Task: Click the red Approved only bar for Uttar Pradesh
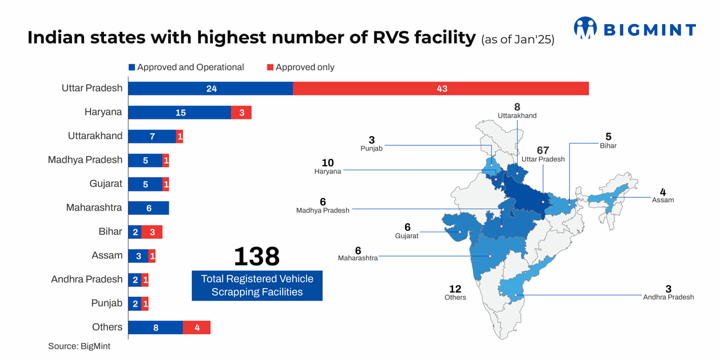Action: [x=441, y=88]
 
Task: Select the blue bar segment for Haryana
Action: [x=179, y=112]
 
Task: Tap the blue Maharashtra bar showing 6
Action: [x=149, y=208]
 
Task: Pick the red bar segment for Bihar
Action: [x=152, y=232]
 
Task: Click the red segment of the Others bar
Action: [x=197, y=327]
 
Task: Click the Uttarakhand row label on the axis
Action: [x=95, y=136]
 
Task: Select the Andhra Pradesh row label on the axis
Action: [x=86, y=280]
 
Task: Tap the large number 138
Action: [x=256, y=256]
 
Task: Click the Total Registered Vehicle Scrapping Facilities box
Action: [x=257, y=286]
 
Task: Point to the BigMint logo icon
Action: [x=586, y=28]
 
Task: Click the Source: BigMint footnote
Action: [x=79, y=346]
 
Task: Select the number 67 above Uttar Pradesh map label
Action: [x=543, y=149]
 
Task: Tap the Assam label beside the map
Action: [x=663, y=200]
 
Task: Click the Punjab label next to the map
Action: [x=371, y=148]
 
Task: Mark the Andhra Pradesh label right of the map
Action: [x=668, y=297]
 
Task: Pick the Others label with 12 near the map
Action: [x=455, y=293]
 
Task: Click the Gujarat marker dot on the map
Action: [x=460, y=232]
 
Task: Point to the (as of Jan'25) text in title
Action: [x=517, y=40]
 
